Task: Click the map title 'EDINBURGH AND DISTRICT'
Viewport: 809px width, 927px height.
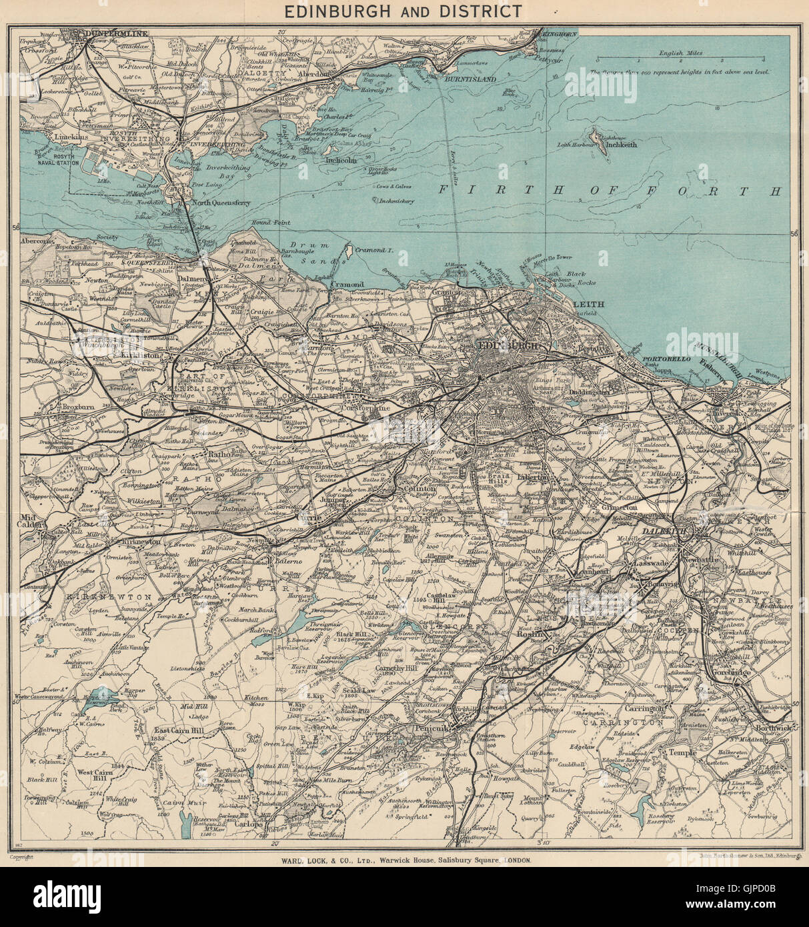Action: click(x=404, y=11)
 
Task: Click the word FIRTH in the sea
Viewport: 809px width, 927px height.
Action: click(x=481, y=190)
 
